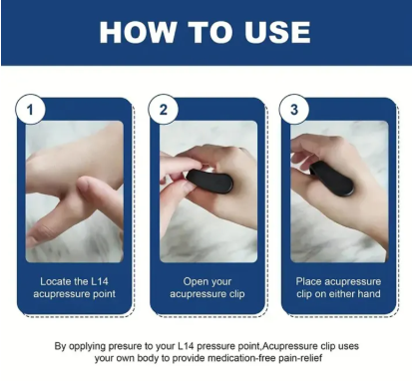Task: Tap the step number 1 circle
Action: point(30,110)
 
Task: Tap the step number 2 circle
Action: point(163,110)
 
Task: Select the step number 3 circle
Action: point(294,110)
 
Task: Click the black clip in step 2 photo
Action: point(209,181)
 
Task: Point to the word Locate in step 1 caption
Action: point(56,281)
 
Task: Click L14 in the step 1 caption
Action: point(99,281)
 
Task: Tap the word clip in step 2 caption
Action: point(236,294)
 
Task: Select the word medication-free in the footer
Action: point(241,359)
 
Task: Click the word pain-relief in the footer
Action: point(301,359)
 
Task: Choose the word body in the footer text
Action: point(149,359)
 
